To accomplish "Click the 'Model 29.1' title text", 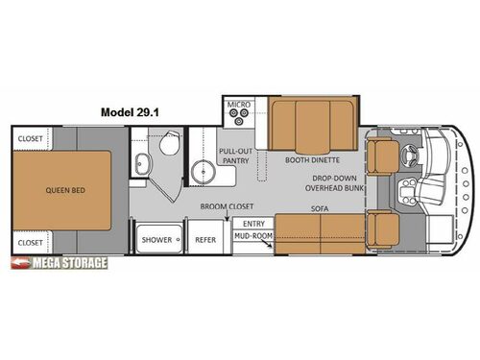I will tap(132, 111).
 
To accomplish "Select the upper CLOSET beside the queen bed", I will tap(30, 137).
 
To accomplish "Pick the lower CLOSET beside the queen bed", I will tap(30, 242).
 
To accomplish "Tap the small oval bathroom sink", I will tap(141, 163).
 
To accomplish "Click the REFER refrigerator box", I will tap(205, 239).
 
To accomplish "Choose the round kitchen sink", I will tap(204, 173).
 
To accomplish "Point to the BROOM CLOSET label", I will tap(228, 206).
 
